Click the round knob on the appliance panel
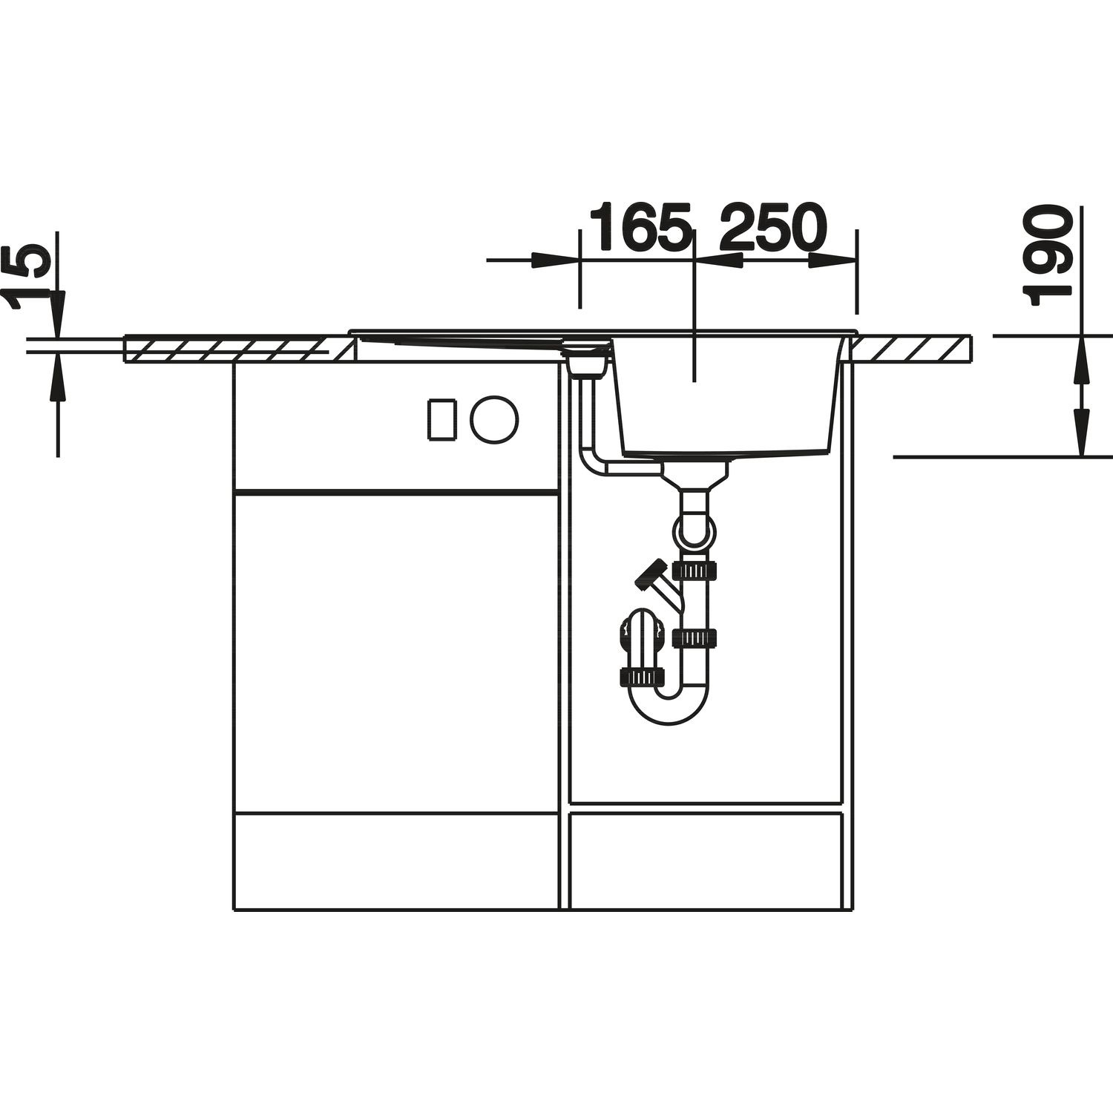494,419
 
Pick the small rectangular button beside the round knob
440,419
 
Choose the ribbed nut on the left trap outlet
640,677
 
